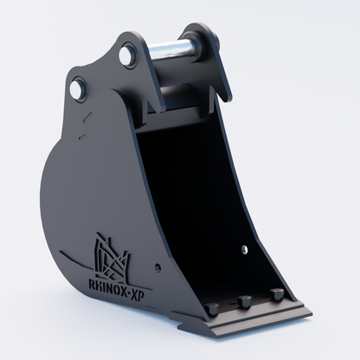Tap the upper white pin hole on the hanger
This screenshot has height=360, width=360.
(x=126, y=55)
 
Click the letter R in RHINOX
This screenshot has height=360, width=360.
(x=93, y=284)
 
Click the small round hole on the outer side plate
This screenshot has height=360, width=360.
(x=157, y=267)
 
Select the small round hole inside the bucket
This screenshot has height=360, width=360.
(x=245, y=249)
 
